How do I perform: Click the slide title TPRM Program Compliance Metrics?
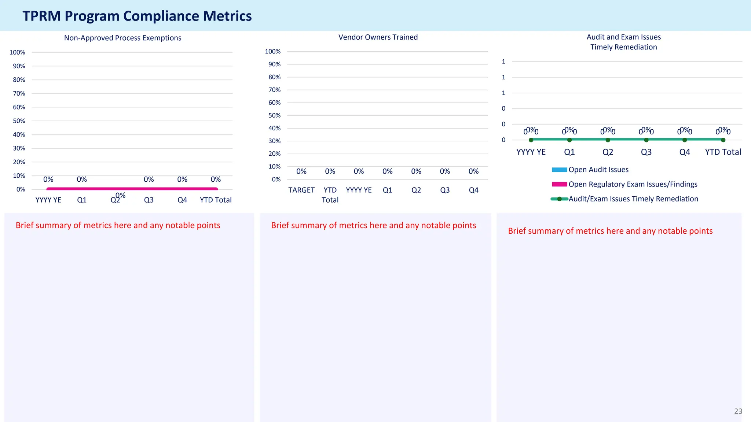[137, 16]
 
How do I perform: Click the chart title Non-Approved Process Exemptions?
[122, 38]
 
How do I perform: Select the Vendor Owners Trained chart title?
[378, 37]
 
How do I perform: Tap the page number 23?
[738, 411]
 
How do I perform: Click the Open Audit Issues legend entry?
[598, 170]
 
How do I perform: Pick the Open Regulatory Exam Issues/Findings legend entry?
[633, 184]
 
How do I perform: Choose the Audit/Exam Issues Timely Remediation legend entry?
[633, 199]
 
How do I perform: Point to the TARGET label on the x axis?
[301, 190]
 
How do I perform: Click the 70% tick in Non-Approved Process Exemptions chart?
[19, 93]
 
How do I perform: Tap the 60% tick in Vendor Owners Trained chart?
[274, 103]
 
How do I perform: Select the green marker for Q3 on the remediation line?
[646, 140]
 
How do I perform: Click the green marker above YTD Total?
[723, 140]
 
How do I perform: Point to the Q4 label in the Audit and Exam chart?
[684, 152]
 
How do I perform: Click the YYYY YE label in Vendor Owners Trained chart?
[359, 190]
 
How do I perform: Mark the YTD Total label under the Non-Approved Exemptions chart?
[216, 200]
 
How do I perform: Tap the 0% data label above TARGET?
[301, 171]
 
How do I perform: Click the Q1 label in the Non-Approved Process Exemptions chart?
[82, 200]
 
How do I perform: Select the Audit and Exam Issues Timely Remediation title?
[623, 42]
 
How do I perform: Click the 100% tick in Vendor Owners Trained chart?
[273, 52]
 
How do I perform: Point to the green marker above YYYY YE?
[531, 140]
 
